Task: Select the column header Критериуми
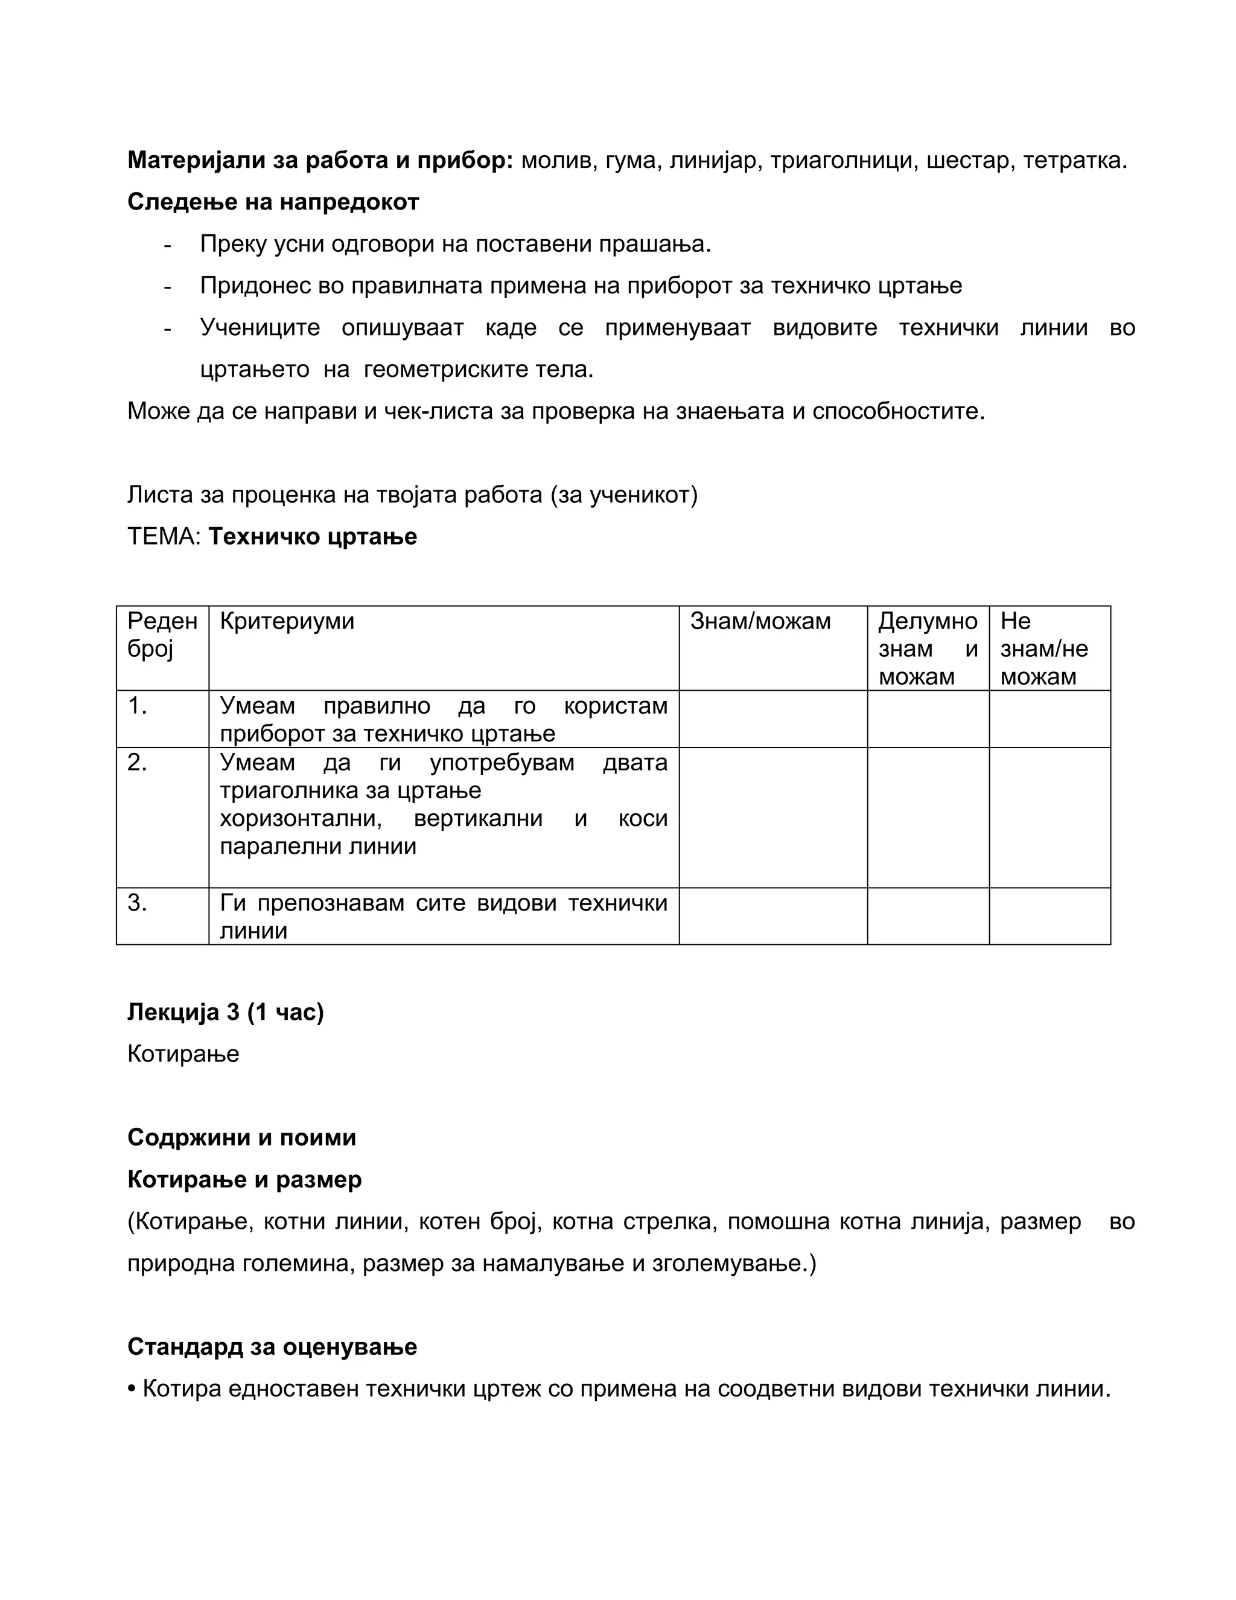click(287, 621)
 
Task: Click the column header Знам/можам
click(760, 621)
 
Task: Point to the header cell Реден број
click(162, 635)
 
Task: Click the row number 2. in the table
click(137, 763)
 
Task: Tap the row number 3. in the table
click(137, 903)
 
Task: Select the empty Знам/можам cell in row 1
click(772, 718)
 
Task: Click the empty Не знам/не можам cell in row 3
click(1050, 916)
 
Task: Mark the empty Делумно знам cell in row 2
click(928, 817)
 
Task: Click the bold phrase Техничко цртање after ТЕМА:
click(313, 537)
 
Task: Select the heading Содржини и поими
click(241, 1138)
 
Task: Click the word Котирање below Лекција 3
click(183, 1054)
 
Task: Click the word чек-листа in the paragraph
click(436, 412)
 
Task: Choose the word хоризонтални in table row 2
click(300, 818)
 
